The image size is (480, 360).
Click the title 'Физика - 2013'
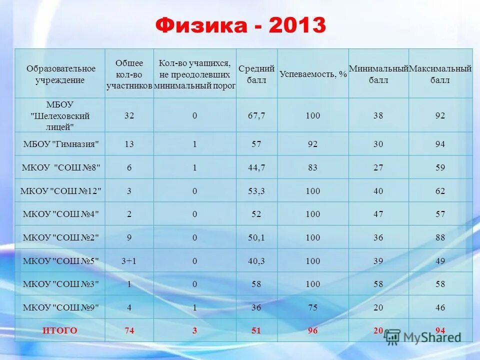point(240,25)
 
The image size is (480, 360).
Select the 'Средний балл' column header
point(256,74)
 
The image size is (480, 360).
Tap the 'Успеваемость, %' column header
point(313,74)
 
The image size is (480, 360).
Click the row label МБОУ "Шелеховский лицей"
point(60,115)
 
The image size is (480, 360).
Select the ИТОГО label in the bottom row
point(60,330)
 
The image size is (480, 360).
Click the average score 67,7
point(256,115)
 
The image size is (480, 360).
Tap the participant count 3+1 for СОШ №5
point(129,261)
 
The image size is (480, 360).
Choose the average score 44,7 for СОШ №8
point(256,168)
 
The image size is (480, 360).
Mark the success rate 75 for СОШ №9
point(313,307)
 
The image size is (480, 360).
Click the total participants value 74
point(129,330)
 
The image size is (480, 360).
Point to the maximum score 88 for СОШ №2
point(440,238)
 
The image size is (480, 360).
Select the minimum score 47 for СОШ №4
point(378,214)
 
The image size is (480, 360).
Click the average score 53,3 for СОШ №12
point(256,191)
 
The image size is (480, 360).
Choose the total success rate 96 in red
point(313,330)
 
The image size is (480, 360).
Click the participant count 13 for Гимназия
point(129,144)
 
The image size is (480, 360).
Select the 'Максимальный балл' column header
point(440,74)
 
